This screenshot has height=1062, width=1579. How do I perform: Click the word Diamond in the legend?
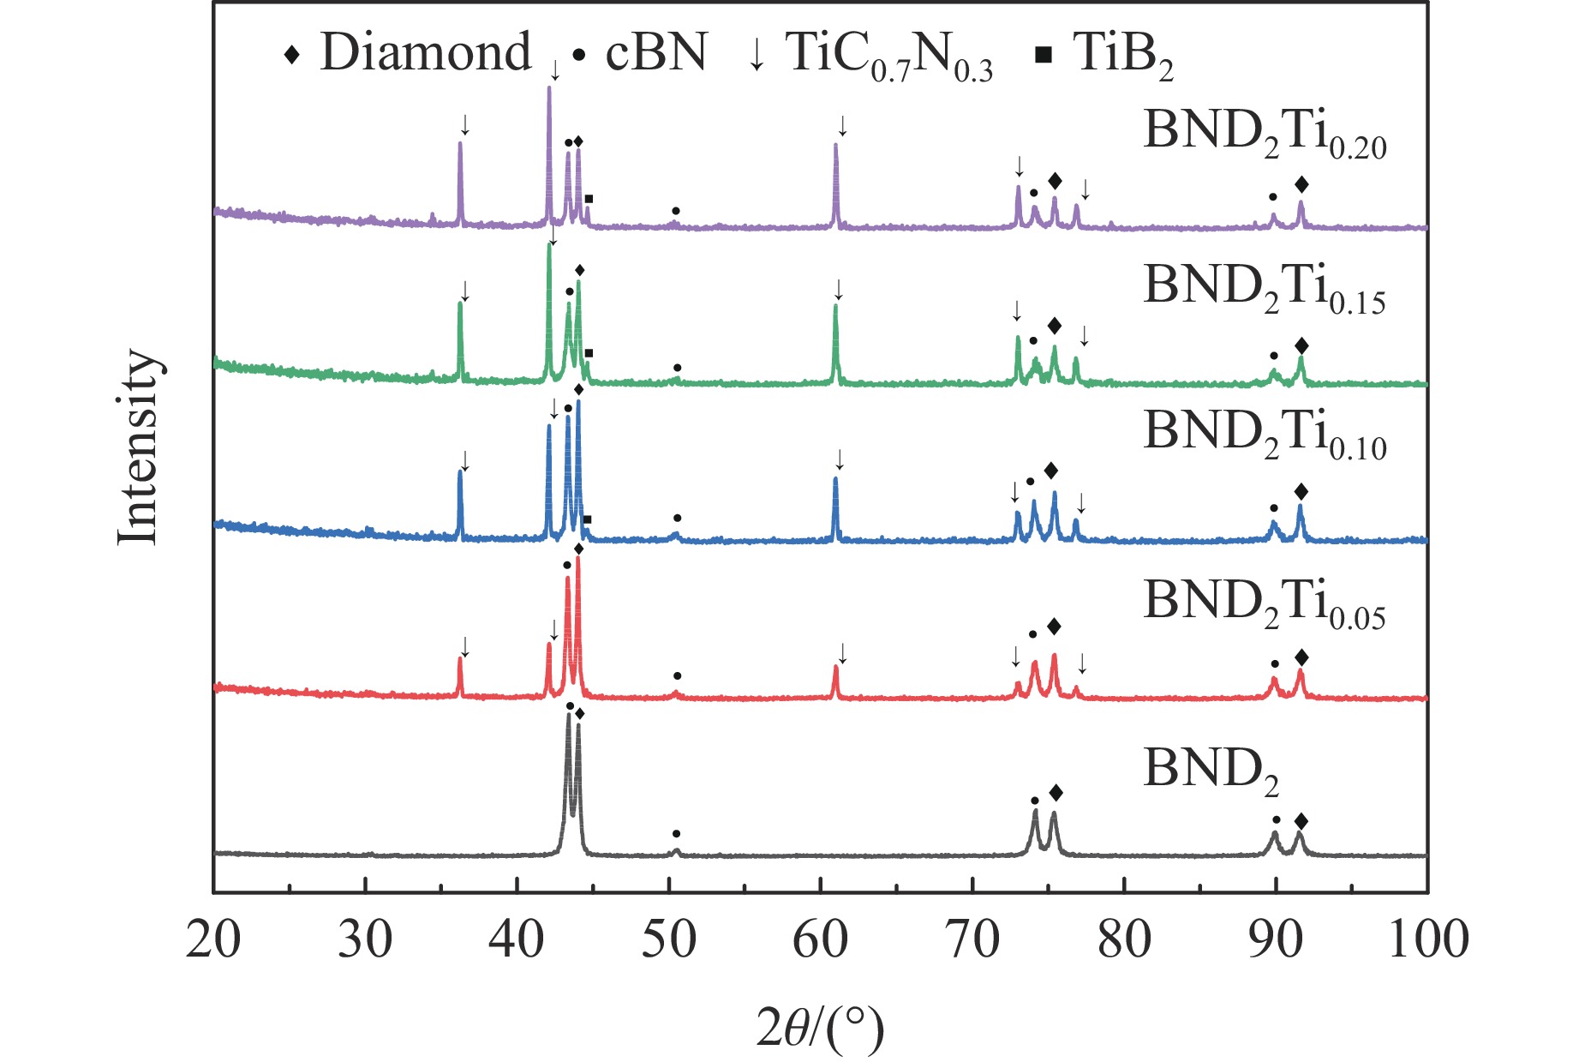click(x=426, y=53)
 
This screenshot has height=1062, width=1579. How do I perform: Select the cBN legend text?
click(x=656, y=53)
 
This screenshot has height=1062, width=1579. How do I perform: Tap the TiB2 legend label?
click(x=1122, y=55)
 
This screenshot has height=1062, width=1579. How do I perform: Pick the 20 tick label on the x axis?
click(x=213, y=940)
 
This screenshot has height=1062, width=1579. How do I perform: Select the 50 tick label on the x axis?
click(x=668, y=940)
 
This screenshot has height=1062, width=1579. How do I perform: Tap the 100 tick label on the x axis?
click(x=1427, y=940)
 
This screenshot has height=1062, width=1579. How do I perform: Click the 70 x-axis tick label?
click(x=972, y=940)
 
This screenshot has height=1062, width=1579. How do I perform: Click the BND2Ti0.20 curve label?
click(x=1265, y=135)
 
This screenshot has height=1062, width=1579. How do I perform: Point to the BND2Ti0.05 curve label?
click(x=1265, y=605)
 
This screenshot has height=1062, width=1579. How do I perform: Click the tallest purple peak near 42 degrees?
click(x=549, y=91)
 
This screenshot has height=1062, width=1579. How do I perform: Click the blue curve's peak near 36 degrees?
click(x=460, y=473)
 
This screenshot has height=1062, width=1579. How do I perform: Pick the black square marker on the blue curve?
click(x=587, y=519)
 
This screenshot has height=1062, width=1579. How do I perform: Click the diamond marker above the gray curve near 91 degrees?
click(x=1301, y=822)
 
